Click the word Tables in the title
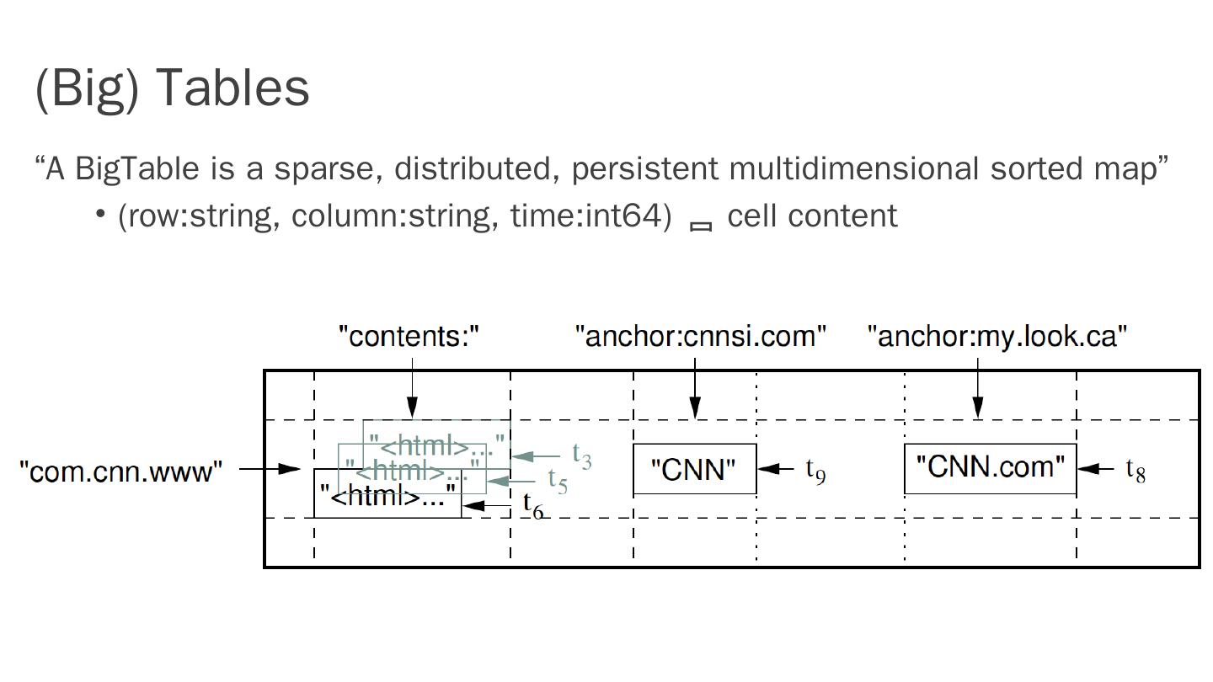tap(233, 88)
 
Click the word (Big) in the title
tap(87, 88)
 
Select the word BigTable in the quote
tap(137, 168)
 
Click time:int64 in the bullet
tap(590, 216)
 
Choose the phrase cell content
tap(812, 216)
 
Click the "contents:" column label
tap(409, 336)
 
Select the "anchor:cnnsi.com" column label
tap(701, 336)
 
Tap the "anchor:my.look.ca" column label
tap(997, 336)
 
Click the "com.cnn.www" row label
tap(121, 472)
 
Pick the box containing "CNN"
tap(694, 469)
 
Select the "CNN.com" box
tap(990, 467)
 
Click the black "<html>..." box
tap(387, 496)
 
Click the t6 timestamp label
tap(533, 505)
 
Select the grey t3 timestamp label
tap(582, 456)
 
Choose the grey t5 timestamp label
tap(558, 480)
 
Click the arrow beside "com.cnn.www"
tap(270, 468)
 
